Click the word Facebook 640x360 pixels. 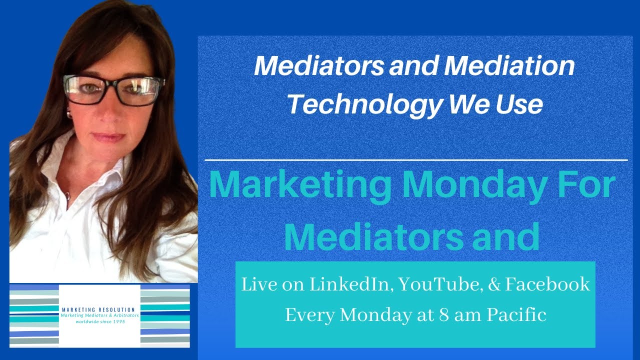pyautogui.click(x=548, y=285)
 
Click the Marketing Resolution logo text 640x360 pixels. pyautogui.click(x=99, y=310)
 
